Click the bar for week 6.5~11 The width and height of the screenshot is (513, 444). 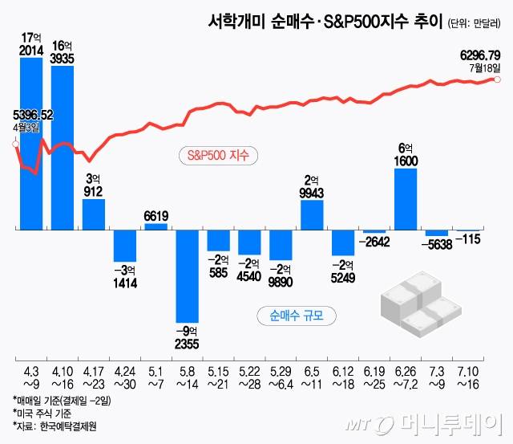pos(313,215)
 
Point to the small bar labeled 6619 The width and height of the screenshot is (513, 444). pos(156,226)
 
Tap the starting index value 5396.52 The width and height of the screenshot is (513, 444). pos(33,116)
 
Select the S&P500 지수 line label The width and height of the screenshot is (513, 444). pos(213,154)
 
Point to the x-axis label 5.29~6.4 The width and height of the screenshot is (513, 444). pos(281,377)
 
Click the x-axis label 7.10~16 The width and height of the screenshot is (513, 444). pos(468,377)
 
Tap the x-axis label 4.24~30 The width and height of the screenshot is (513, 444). pos(125,377)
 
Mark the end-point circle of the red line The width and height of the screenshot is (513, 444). pos(499,79)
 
